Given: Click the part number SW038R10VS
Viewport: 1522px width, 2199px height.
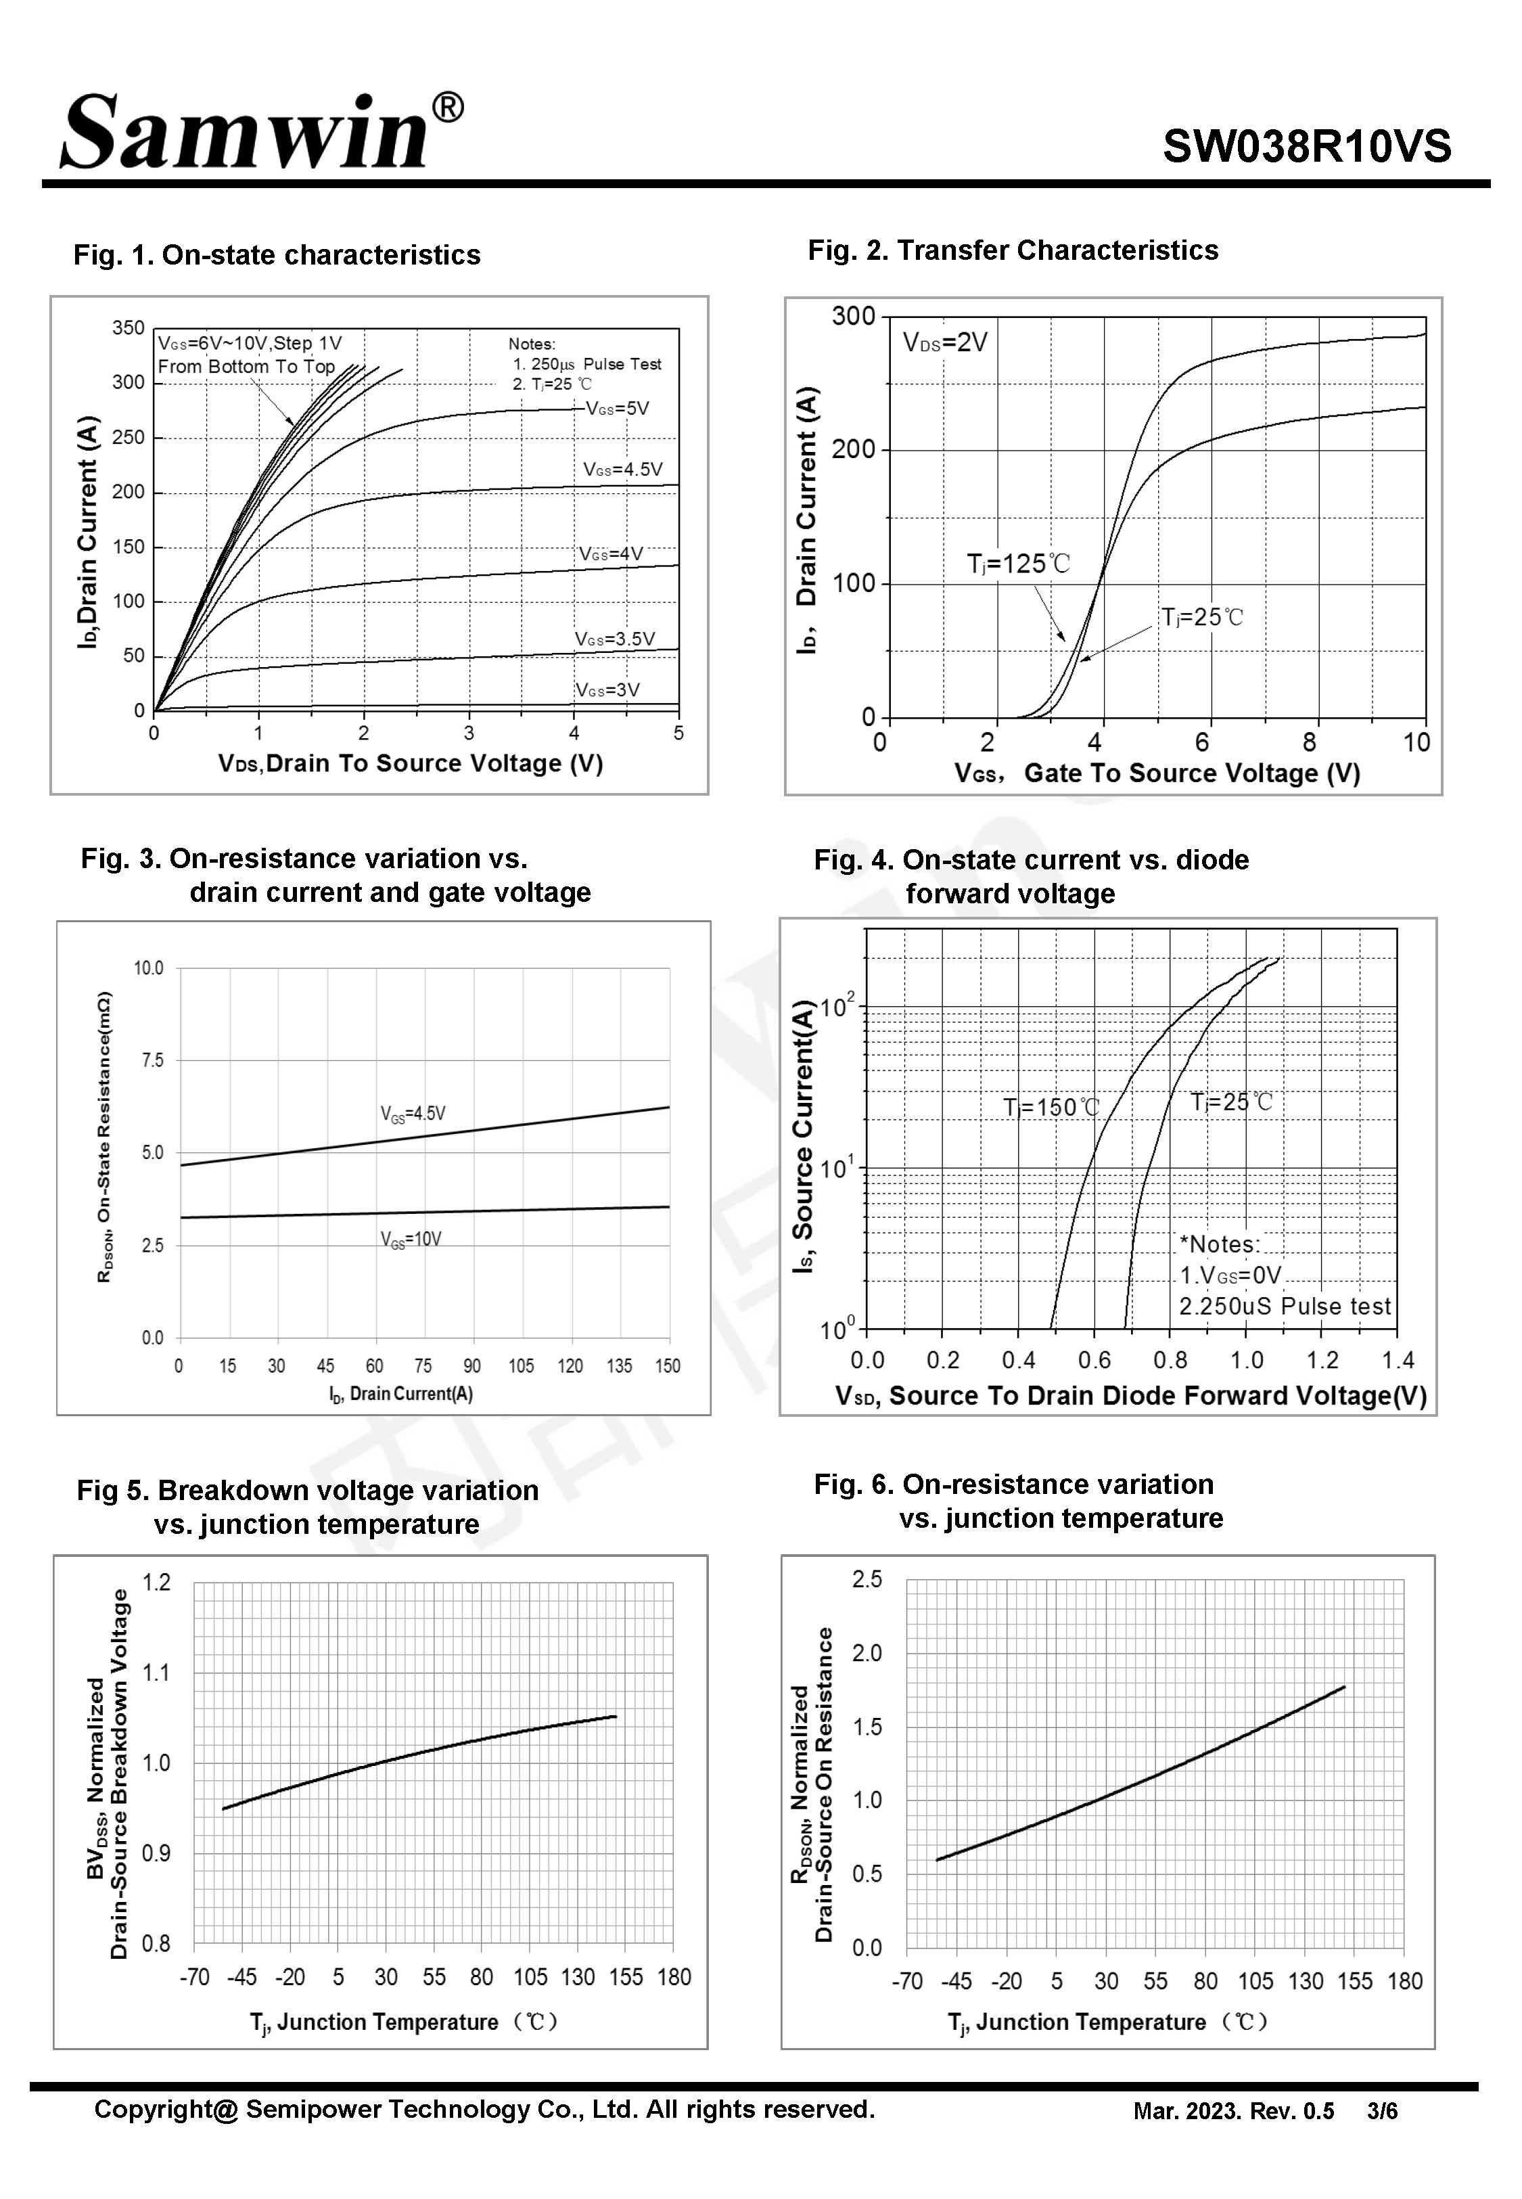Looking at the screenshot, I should click(x=1306, y=147).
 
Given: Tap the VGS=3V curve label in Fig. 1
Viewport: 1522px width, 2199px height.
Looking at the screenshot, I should click(x=607, y=690).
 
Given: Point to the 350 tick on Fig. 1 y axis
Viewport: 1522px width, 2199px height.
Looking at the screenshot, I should click(x=129, y=328).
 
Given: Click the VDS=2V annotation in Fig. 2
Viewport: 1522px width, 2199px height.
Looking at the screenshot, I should click(x=945, y=342).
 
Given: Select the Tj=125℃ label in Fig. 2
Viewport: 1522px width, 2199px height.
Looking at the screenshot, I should click(x=1019, y=564).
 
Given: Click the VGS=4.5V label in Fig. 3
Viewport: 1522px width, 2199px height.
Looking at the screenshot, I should click(x=413, y=1114).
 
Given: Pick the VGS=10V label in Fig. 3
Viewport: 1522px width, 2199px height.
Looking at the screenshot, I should click(x=411, y=1240).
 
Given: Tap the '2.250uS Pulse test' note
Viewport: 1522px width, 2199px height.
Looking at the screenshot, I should click(x=1285, y=1307).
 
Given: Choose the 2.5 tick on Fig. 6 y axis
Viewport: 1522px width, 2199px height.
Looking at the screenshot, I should click(x=867, y=1580).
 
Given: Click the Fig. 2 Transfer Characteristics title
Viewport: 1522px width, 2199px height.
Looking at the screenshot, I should click(x=1013, y=251).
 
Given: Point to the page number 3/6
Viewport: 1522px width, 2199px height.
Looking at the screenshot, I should click(x=1382, y=2111).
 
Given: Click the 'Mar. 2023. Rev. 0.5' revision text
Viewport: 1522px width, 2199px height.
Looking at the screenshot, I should click(x=1233, y=2111).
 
